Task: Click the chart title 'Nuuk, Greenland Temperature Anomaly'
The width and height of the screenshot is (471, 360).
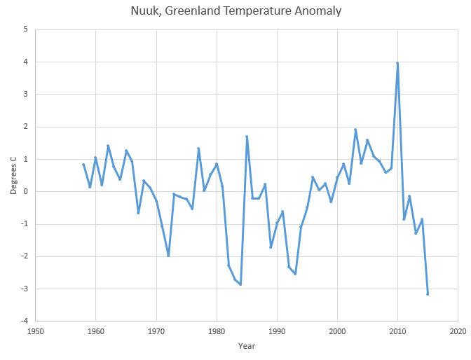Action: pos(235,12)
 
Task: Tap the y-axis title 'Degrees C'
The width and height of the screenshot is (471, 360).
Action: pos(13,175)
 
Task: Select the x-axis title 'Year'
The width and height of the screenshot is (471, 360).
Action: pos(246,345)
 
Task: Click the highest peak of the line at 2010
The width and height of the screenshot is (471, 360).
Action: pos(397,63)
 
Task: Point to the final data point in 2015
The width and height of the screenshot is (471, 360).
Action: pos(428,293)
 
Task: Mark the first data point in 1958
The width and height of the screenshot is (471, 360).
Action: pos(83,165)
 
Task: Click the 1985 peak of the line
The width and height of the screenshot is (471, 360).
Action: pos(247,137)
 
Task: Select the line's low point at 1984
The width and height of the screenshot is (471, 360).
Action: pos(240,284)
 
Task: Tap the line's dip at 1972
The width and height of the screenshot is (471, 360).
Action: pos(168,256)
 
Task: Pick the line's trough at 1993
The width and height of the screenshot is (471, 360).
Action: pos(295,274)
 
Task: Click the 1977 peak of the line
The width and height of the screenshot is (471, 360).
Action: pos(198,148)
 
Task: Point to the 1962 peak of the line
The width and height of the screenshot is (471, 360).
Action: pos(108,146)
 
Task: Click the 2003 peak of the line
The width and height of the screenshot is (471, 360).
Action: pos(355,130)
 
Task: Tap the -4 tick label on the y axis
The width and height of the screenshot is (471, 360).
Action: pos(23,321)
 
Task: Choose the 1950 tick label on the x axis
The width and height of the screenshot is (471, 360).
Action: pos(35,331)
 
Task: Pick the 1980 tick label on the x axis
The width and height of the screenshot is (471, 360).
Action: pos(217,331)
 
